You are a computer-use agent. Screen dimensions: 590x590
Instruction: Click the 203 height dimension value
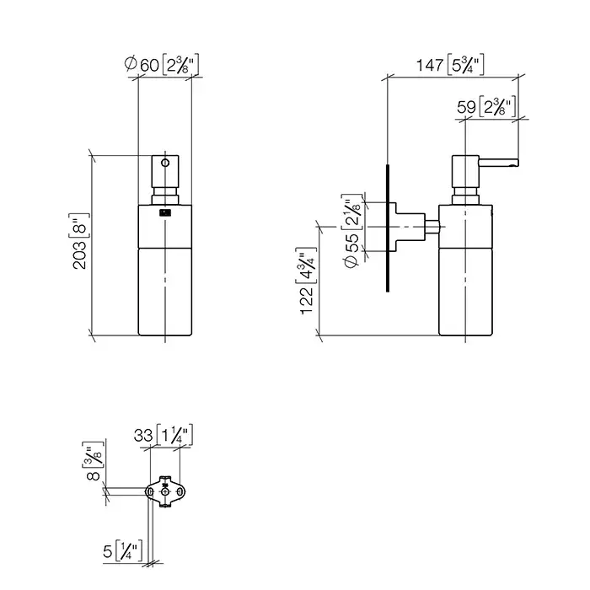pyautogui.click(x=79, y=255)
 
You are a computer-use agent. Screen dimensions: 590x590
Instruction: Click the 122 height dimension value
pyautogui.click(x=306, y=300)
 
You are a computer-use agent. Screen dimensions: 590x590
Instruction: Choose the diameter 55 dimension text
pyautogui.click(x=351, y=250)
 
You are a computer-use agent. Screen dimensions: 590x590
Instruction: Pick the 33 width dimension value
pyautogui.click(x=143, y=436)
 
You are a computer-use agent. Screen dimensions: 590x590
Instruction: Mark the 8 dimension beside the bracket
pyautogui.click(x=93, y=475)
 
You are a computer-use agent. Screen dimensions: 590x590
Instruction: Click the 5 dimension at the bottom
pyautogui.click(x=108, y=551)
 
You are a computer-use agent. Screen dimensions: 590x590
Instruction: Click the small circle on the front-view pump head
pyautogui.click(x=165, y=163)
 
